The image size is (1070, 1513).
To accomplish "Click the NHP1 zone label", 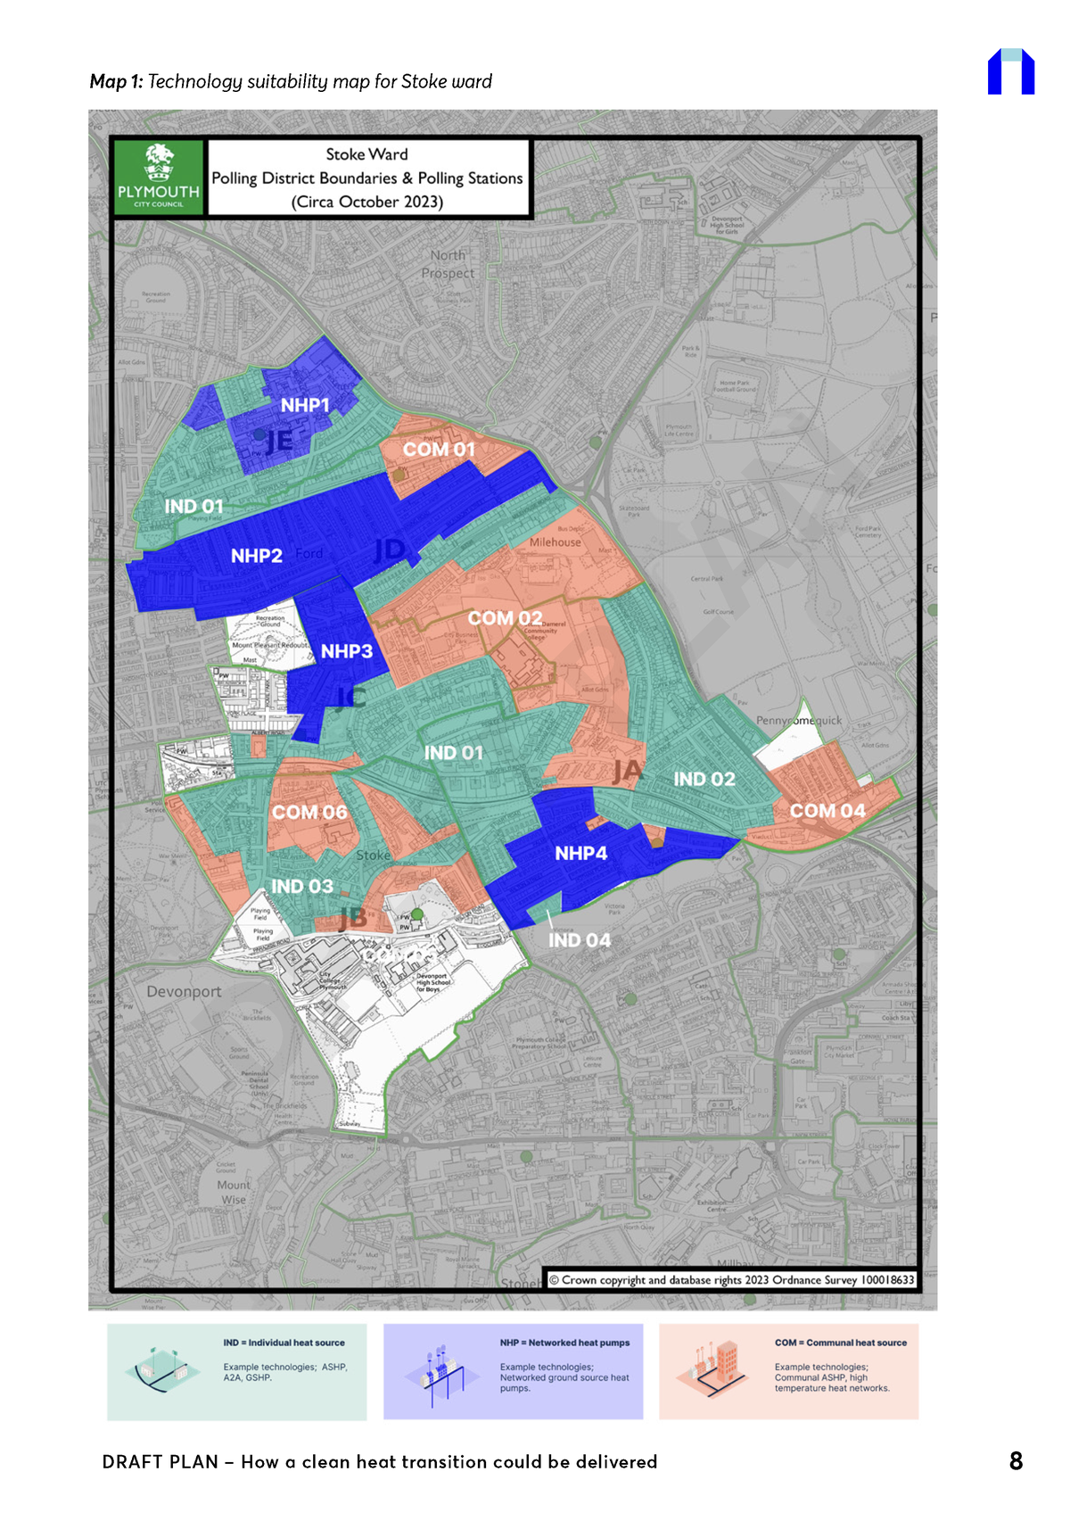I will [x=305, y=406].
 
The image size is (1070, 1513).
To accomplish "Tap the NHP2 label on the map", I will [x=257, y=557].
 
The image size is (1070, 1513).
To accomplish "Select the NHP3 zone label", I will [x=347, y=652].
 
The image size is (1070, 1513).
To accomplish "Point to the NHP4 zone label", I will [x=580, y=854].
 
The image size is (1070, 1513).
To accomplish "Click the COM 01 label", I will [x=439, y=450].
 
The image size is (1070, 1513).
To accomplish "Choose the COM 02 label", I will [x=505, y=618].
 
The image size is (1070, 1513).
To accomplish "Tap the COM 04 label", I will [x=827, y=811].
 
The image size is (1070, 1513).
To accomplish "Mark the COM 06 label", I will [x=309, y=813].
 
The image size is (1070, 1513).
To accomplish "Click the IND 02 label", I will [x=704, y=780].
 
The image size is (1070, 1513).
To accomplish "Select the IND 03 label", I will [x=302, y=887].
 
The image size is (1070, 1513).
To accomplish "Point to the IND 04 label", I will [x=580, y=940].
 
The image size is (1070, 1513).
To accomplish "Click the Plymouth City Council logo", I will [x=159, y=177].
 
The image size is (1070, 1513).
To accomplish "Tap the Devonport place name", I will [x=184, y=992].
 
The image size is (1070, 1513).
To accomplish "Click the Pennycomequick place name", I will [x=799, y=721].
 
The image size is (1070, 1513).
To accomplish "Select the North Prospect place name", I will [x=448, y=264].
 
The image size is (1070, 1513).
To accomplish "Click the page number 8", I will [x=1016, y=1461].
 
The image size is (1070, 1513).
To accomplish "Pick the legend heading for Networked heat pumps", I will [x=564, y=1343].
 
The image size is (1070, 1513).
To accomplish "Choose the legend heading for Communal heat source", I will [x=840, y=1343].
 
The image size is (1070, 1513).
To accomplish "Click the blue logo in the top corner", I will [x=1011, y=71].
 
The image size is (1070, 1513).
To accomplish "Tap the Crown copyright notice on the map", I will [x=731, y=1280].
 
